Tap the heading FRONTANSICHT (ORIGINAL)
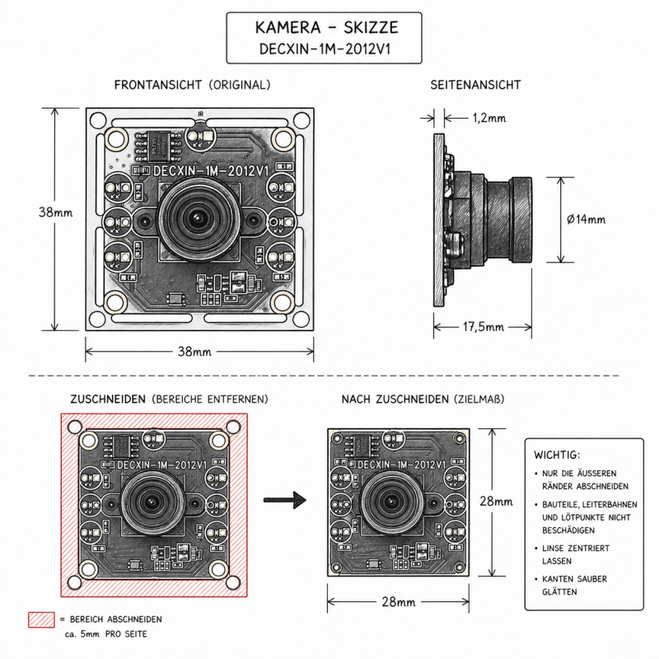pos(192,85)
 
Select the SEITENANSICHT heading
pos(475,85)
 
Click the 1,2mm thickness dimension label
pos(489,119)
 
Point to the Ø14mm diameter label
pos(587,219)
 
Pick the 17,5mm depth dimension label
pos(483,328)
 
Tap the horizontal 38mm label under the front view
pos(194,353)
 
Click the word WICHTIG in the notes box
pos(557,455)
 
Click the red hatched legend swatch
pos(40,619)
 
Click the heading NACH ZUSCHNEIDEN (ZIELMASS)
pos(423,400)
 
